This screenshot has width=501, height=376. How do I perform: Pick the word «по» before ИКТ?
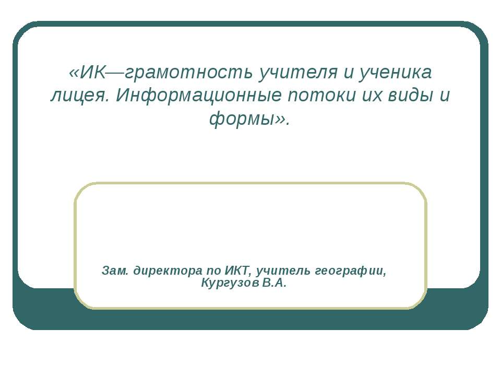point(214,272)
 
